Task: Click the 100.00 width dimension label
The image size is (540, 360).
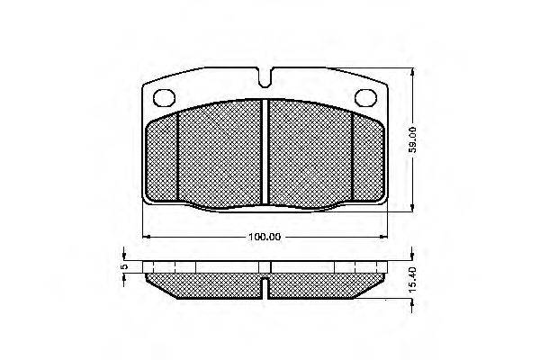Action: [x=265, y=237]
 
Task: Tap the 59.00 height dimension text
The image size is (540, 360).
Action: [x=412, y=139]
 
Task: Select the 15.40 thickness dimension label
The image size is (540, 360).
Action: [x=412, y=279]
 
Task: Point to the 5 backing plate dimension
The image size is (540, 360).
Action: [x=125, y=266]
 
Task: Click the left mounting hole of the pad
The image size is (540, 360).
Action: [x=164, y=98]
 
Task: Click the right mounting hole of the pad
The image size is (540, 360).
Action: [x=365, y=98]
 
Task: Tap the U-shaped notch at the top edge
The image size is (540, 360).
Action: [x=265, y=78]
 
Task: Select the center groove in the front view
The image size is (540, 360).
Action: [x=265, y=151]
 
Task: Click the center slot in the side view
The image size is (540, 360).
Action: [x=265, y=288]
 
